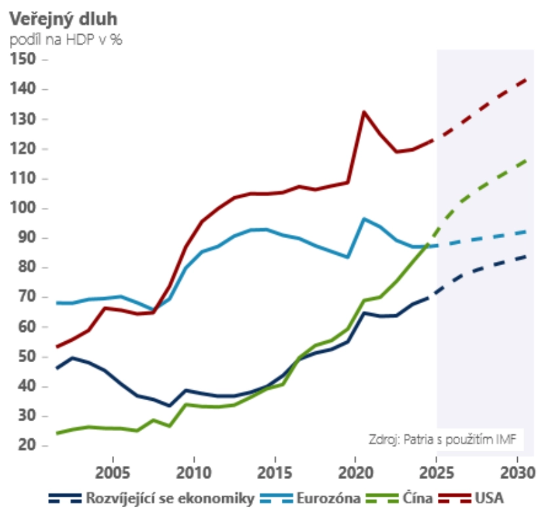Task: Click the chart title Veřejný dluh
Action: click(x=63, y=18)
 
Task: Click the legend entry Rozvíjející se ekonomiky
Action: click(x=170, y=499)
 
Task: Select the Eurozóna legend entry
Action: click(x=329, y=499)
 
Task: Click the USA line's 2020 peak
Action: click(x=364, y=112)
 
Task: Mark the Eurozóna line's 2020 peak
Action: click(x=364, y=218)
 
